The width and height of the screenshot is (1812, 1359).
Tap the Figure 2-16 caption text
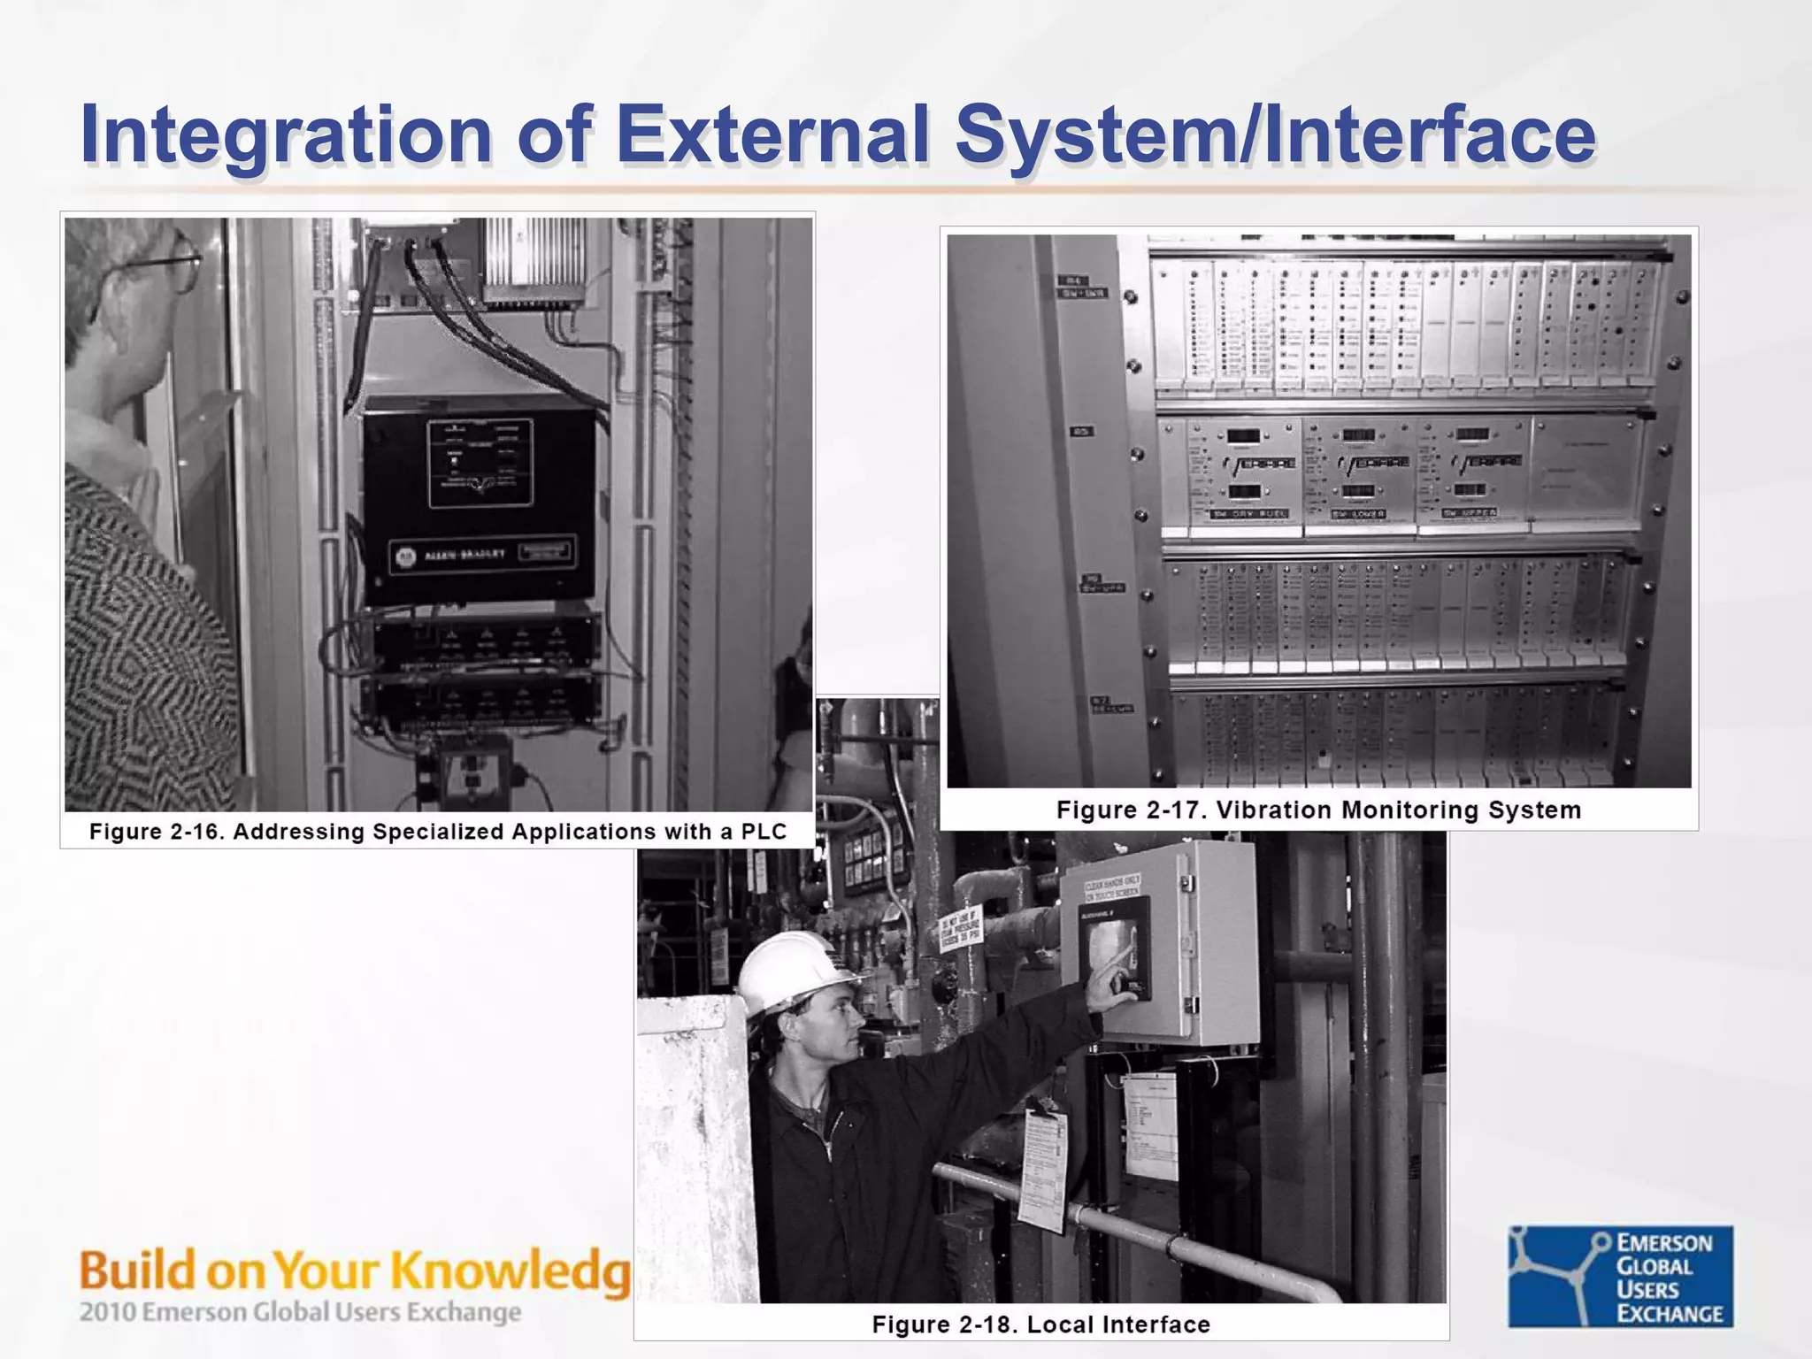pos(437,832)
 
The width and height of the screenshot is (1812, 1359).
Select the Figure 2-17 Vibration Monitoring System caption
pos(1318,810)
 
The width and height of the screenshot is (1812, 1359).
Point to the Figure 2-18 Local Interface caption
pos(1040,1324)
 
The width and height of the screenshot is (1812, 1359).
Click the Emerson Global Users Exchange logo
pos(1620,1276)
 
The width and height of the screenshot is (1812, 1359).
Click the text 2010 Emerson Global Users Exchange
pos(300,1311)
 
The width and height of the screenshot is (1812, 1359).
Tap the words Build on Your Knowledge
pos(354,1271)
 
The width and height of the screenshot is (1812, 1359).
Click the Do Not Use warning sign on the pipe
pos(961,928)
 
